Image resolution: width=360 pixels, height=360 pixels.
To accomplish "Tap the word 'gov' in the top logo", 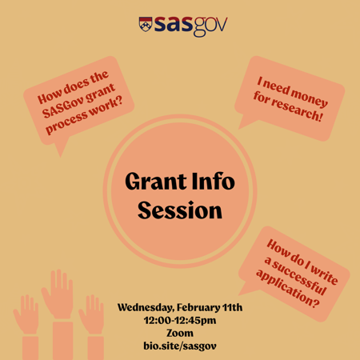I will (209, 25).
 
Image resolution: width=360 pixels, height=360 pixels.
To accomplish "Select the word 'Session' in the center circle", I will (179, 211).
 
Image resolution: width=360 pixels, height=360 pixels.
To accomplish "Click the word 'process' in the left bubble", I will (70, 122).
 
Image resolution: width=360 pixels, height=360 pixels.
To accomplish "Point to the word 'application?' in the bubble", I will (287, 290).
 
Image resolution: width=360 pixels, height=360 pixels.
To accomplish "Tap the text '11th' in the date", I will (230, 307).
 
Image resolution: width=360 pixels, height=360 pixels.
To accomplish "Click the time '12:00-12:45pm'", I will (179, 320).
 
